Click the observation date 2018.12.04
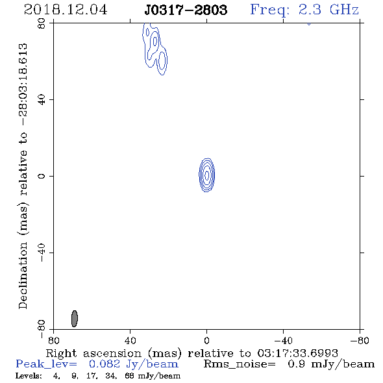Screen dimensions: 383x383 [x=66, y=10]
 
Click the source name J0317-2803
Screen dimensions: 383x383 [x=186, y=10]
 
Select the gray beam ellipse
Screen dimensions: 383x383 [x=75, y=319]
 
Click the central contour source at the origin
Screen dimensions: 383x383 [x=207, y=175]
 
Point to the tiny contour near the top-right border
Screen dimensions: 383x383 [x=309, y=24]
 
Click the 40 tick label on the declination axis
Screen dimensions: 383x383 [x=42, y=100]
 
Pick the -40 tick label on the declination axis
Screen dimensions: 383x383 [x=42, y=253]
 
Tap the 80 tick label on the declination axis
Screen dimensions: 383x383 [x=42, y=23]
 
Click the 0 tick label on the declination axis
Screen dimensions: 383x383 [x=42, y=176]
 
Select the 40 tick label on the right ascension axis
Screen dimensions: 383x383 [x=130, y=341]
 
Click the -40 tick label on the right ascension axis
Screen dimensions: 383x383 [x=283, y=341]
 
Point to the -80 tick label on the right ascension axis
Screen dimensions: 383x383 [x=360, y=341]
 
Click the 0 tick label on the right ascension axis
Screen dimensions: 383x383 [x=206, y=341]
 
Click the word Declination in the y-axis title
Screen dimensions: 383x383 [x=23, y=275]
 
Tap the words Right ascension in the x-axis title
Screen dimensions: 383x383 [x=93, y=353]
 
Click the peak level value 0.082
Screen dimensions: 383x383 [x=105, y=364]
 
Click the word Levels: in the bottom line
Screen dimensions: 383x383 [x=29, y=375]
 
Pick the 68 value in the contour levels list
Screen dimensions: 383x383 [x=129, y=375]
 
